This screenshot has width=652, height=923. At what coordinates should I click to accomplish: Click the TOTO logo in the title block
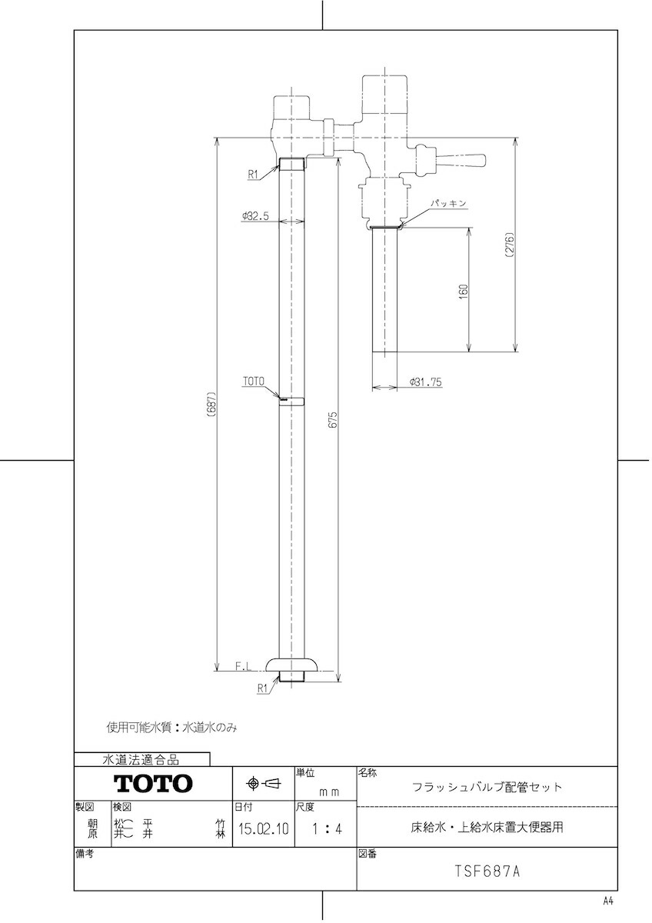tap(153, 784)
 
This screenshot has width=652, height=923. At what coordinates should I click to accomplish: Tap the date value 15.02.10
tap(263, 830)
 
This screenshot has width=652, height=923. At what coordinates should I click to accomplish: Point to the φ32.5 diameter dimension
tap(254, 216)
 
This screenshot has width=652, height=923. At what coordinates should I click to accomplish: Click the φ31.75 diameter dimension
tap(426, 382)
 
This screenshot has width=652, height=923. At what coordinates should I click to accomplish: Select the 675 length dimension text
tap(333, 419)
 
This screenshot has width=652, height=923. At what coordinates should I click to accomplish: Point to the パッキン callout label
tap(448, 202)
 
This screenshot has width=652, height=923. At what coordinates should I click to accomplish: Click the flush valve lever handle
tap(461, 161)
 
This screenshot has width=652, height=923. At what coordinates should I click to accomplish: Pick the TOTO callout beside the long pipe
tap(253, 381)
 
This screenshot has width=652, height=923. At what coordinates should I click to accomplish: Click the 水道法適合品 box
tap(141, 760)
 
